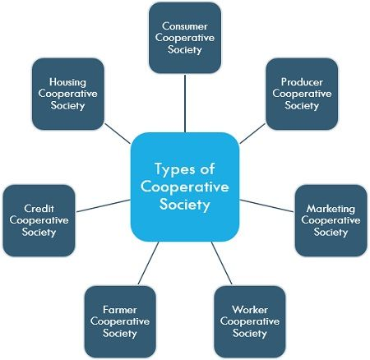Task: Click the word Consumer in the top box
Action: tap(185, 26)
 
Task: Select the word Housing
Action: tap(67, 82)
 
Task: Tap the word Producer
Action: tap(302, 82)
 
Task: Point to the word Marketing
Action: tap(331, 209)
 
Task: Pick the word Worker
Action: tap(250, 310)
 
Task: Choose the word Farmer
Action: tap(120, 310)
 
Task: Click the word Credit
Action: tap(39, 209)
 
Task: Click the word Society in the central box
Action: tap(185, 205)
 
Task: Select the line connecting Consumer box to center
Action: tap(185, 104)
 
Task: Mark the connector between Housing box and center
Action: tap(118, 133)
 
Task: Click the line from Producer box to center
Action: tap(252, 133)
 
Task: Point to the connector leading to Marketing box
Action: tap(266, 205)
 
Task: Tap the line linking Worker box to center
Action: tap(222, 263)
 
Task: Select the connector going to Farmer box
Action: tap(148, 263)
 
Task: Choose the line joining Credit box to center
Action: tap(104, 205)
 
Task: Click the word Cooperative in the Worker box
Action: tap(250, 321)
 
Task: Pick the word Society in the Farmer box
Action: tap(120, 334)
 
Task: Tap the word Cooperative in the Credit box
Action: tap(39, 220)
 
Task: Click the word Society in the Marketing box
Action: tap(331, 233)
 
